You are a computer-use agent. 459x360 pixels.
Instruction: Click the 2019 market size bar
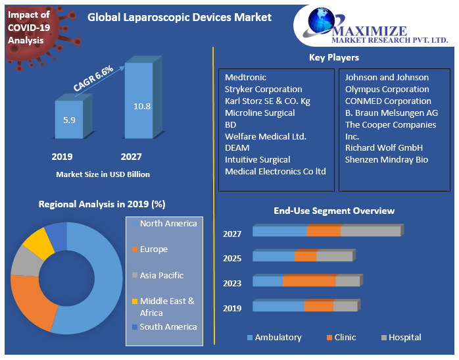68,120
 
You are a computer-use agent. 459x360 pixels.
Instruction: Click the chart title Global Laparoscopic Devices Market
180,18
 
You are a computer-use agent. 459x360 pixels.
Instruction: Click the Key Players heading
333,58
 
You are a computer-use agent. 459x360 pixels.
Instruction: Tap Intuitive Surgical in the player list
257,159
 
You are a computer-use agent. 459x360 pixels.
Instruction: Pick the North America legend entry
168,224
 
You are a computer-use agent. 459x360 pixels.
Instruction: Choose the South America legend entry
168,327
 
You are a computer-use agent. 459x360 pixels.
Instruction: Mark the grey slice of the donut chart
25,261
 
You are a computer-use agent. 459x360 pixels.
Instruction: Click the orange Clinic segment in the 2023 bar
309,282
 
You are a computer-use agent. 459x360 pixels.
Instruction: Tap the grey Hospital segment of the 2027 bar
370,231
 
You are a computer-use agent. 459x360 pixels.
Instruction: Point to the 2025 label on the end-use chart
232,258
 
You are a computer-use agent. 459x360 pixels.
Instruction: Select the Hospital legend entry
404,338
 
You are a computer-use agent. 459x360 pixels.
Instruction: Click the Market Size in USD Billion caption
103,174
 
